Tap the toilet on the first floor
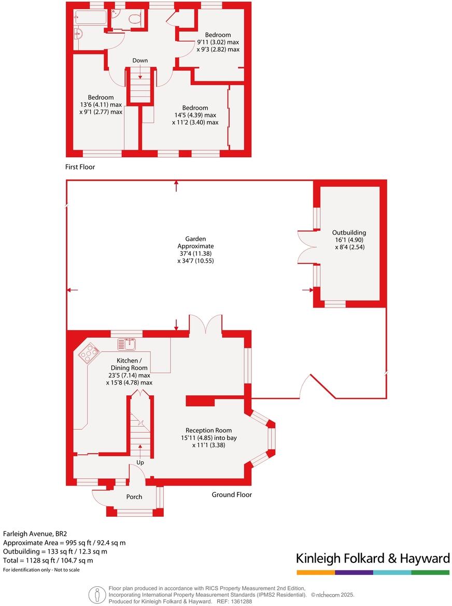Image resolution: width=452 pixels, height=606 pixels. (x=134, y=20)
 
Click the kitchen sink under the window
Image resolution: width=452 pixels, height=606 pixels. (x=126, y=343)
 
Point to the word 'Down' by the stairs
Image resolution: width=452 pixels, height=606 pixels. (x=140, y=61)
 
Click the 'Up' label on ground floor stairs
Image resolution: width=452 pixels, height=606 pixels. (x=140, y=462)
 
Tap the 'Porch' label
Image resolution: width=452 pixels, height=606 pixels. (x=134, y=497)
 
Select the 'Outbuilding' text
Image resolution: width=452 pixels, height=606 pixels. (x=349, y=233)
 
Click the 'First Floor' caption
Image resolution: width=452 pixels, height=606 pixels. (x=80, y=167)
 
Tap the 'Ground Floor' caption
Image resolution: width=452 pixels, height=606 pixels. (x=232, y=494)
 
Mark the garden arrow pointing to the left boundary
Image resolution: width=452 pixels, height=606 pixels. (x=73, y=290)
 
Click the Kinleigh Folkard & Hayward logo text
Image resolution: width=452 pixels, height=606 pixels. (x=373, y=558)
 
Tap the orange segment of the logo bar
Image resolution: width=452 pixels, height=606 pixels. (x=316, y=572)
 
